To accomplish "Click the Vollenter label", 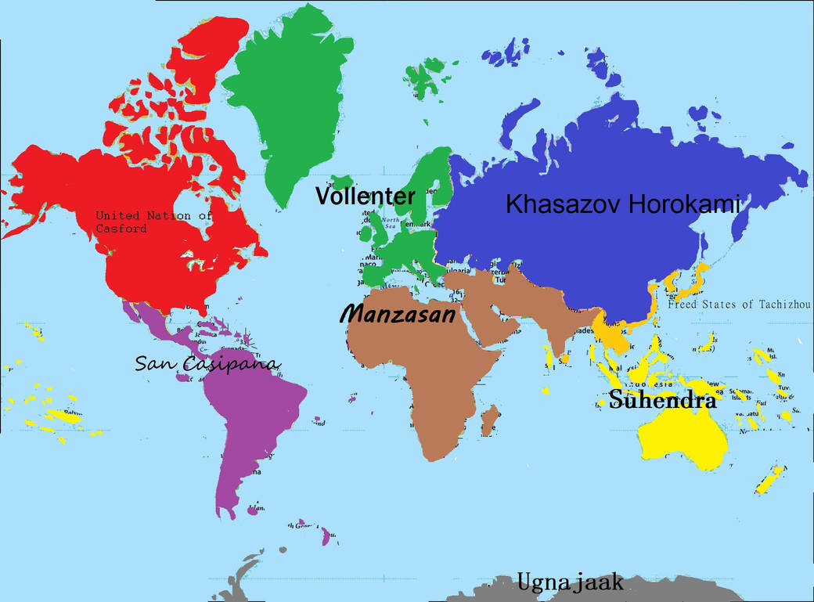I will (x=365, y=196).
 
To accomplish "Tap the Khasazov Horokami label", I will (x=622, y=205).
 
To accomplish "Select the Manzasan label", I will (x=397, y=315).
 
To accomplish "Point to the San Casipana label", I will (x=207, y=364).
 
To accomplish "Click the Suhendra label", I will (x=662, y=401).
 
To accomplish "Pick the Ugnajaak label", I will (x=570, y=582).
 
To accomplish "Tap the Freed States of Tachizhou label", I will (x=740, y=305).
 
